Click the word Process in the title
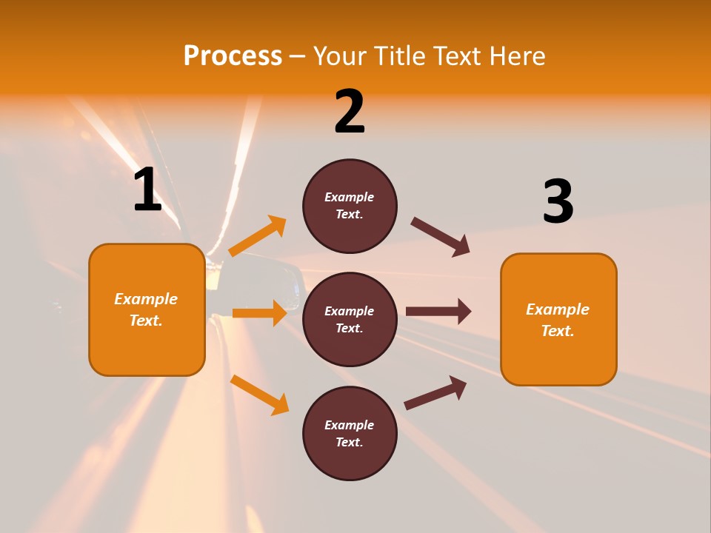(x=233, y=56)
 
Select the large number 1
(x=147, y=190)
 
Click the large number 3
(x=558, y=202)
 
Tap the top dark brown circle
(x=350, y=206)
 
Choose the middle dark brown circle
(x=350, y=319)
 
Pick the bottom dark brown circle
(x=350, y=433)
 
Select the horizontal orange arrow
(x=259, y=313)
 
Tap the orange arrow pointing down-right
(x=259, y=395)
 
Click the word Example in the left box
(x=146, y=299)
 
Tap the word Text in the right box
(x=558, y=331)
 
